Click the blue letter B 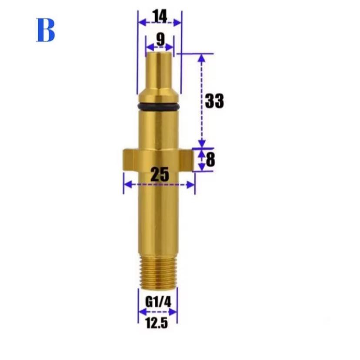pos(46,30)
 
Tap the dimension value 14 pos(160,17)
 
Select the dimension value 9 pos(160,40)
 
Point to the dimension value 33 pos(214,100)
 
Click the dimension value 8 pos(210,160)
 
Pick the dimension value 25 pos(160,174)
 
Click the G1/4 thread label pos(158,302)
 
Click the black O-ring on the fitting pos(158,107)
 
